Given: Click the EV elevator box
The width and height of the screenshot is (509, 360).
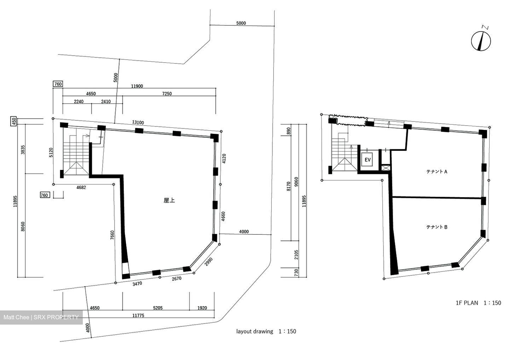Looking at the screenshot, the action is [x=368, y=160].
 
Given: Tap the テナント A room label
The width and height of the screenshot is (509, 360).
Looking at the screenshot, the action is [x=436, y=172].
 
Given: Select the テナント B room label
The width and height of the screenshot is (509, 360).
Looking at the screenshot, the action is [x=436, y=227].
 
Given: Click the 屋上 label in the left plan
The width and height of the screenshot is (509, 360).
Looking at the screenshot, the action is [x=169, y=200].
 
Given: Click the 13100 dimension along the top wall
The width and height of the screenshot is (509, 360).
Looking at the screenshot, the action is [x=138, y=122].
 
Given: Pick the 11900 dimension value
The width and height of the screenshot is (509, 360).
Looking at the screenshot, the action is [x=137, y=86].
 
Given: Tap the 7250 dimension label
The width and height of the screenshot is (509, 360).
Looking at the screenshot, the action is [x=167, y=94].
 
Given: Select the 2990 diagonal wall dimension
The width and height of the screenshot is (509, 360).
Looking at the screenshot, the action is [x=208, y=262].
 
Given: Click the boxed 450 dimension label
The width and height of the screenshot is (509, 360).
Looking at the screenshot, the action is [x=14, y=121].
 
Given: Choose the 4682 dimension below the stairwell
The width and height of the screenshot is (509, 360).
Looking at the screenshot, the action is [x=81, y=188].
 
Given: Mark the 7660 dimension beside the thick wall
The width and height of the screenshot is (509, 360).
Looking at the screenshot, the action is [x=112, y=235].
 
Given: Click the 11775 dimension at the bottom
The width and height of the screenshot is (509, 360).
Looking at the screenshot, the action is [x=138, y=315].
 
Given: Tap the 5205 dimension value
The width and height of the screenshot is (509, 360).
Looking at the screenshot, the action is [x=158, y=308].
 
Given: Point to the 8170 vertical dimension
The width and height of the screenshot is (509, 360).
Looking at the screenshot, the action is [x=289, y=186].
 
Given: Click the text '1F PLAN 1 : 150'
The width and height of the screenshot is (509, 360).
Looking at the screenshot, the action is [x=478, y=303].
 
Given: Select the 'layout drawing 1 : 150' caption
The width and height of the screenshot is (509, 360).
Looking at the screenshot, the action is [x=266, y=331].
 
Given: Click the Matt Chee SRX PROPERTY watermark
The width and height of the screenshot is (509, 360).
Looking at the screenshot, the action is [x=41, y=317].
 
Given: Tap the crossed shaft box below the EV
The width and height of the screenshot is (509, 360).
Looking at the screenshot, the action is [x=386, y=168].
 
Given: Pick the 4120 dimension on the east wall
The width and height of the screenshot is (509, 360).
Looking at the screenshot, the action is [x=224, y=159].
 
